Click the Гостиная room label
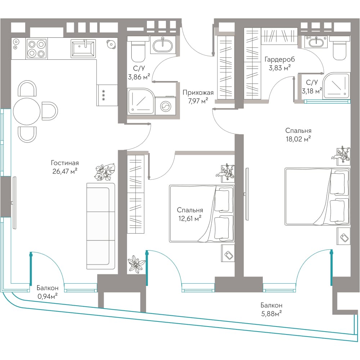pos(65,163)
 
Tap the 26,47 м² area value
pos(65,171)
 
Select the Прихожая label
pos(198,93)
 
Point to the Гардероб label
pos(280,59)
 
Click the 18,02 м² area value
pos(298,139)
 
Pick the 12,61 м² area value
pos(190,218)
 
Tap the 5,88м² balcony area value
pos(271,314)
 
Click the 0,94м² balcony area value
pos(47,296)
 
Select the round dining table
pos(27,111)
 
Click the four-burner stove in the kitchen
pos(37,48)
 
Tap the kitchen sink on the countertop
pos(83,48)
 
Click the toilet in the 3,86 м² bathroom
pos(138,51)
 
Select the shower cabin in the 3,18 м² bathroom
pos(336,86)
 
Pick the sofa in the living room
pos(101,226)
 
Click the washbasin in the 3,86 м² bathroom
pos(163,45)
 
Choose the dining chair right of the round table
pos(50,111)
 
